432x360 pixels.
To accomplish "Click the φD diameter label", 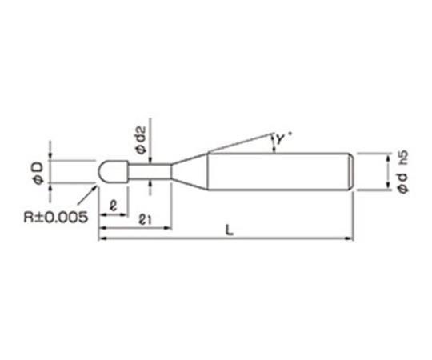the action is pos(39,174).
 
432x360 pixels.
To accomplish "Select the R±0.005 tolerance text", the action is pos(56,218).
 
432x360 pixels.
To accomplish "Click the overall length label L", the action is pos(230,230).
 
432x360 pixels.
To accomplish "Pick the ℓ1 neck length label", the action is pos(144,220).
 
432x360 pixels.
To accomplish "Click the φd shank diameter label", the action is pos(403,183).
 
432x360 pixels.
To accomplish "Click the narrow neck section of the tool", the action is pos(150,171).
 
